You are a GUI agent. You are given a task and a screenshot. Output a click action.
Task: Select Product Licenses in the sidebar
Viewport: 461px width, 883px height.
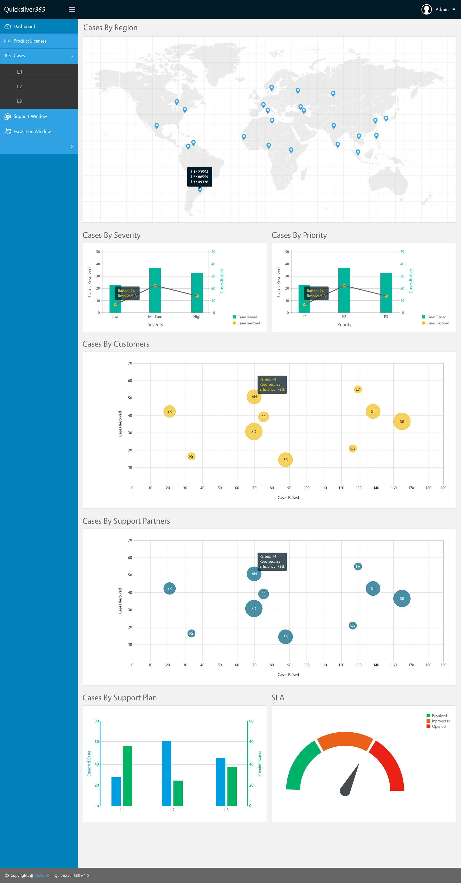pos(30,41)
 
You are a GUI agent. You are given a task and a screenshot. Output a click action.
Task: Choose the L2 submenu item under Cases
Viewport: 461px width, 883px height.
pos(20,87)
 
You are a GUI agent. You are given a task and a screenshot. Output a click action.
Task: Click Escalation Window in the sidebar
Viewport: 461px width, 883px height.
pos(32,132)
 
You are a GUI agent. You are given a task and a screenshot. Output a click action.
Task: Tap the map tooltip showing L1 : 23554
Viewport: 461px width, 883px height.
pos(200,177)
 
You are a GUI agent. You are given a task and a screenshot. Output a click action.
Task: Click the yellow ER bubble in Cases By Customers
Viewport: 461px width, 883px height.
pos(170,411)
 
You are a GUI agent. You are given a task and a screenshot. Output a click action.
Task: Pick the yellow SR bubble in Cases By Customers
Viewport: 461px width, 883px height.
pos(402,421)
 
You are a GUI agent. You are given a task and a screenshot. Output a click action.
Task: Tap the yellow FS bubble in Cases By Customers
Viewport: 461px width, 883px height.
pos(191,456)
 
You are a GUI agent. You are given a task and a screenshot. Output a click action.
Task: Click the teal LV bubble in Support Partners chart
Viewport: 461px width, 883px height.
pos(358,566)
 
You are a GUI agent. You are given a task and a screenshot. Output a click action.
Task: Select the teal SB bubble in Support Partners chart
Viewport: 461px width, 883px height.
pos(285,636)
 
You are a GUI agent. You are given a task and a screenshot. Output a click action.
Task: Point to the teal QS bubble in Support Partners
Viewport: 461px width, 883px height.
pos(353,625)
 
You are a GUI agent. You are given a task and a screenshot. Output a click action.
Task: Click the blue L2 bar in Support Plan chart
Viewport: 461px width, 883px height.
pos(167,773)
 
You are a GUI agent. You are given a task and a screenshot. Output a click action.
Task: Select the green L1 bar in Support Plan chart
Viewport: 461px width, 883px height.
pos(127,775)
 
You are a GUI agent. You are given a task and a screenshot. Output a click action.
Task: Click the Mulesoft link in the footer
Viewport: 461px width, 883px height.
pos(42,875)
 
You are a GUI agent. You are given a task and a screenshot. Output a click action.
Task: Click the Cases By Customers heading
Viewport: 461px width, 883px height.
pos(116,344)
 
